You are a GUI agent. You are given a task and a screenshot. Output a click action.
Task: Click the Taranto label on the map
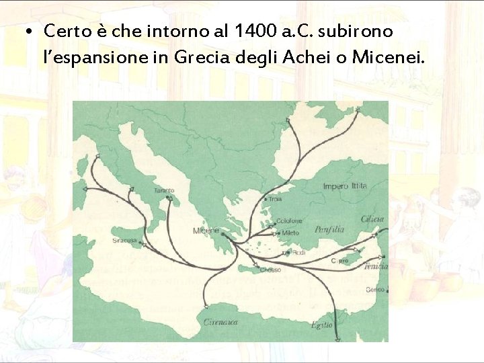(164, 191)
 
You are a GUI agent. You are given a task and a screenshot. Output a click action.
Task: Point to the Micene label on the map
(206, 231)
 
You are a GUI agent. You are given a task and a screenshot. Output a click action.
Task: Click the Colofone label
(290, 220)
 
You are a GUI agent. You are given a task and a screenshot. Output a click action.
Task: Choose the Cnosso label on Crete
(270, 270)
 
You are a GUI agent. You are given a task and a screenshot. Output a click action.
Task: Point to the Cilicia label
(372, 219)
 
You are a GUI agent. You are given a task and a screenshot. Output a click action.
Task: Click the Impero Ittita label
(345, 186)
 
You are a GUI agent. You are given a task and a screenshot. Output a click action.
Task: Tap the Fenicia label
(375, 266)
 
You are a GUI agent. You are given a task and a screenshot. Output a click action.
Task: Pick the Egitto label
(322, 325)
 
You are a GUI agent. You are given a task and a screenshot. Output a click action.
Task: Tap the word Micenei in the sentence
(387, 58)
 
